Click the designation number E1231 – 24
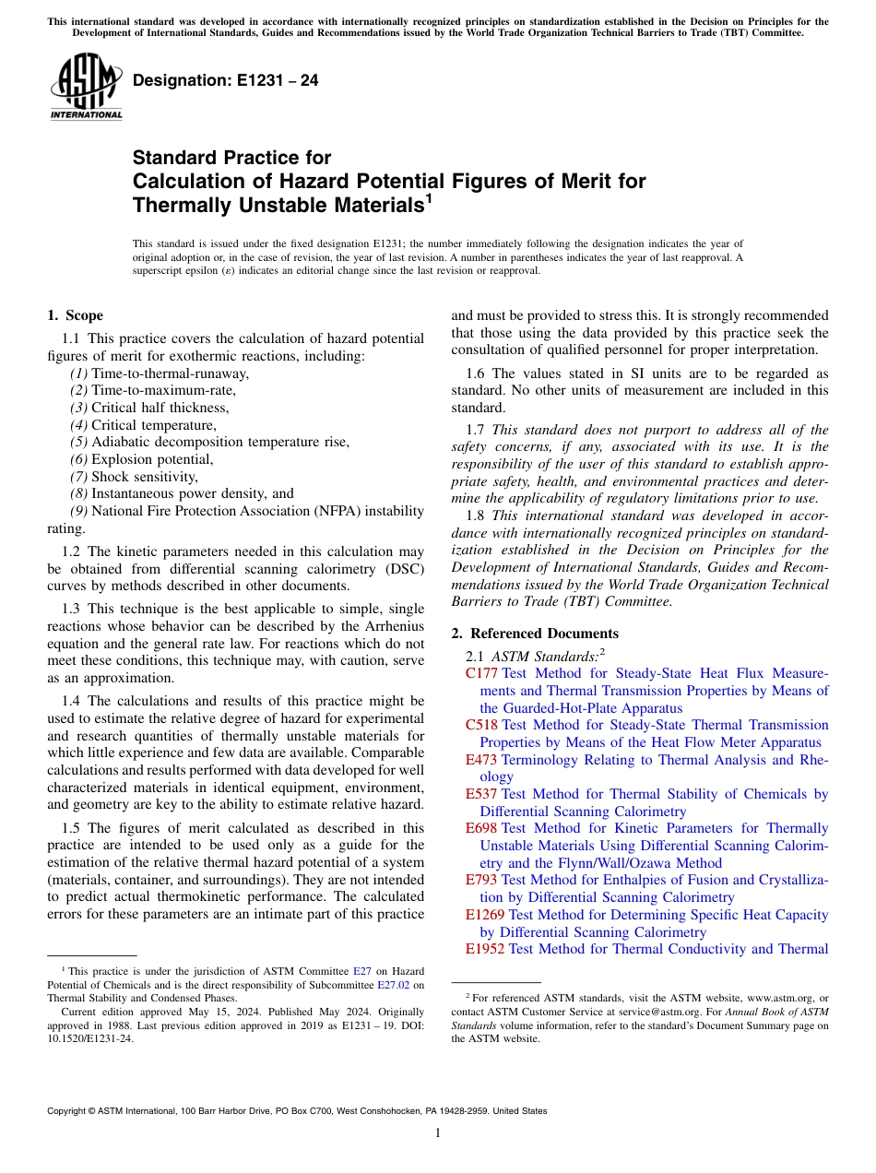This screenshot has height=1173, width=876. (x=226, y=80)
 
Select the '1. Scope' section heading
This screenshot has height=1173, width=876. (x=75, y=315)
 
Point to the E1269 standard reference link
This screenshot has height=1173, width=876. (x=485, y=915)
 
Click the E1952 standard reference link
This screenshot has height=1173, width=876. (x=485, y=949)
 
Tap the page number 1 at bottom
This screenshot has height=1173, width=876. (x=438, y=1133)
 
